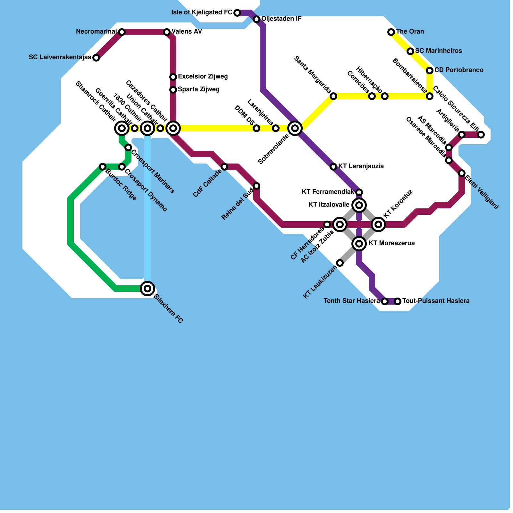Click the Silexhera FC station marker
tap(147, 289)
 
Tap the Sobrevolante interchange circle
tap(295, 128)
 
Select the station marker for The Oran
tap(391, 32)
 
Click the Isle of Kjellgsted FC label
tap(202, 13)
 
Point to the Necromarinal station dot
tap(122, 32)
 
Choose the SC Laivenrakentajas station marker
tap(96, 58)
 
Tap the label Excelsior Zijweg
tap(203, 77)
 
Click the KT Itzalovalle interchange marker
tap(359, 205)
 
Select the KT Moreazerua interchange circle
tap(359, 244)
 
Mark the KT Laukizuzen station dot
tap(340, 263)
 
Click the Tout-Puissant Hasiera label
tap(436, 301)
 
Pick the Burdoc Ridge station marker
tap(103, 167)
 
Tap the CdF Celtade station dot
tap(224, 167)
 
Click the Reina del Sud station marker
tap(256, 186)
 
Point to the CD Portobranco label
tap(459, 70)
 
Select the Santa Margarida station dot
tap(333, 96)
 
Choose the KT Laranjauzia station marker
tap(333, 166)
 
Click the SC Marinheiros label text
tap(438, 51)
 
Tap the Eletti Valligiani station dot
tap(462, 173)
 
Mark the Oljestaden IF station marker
tap(256, 19)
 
